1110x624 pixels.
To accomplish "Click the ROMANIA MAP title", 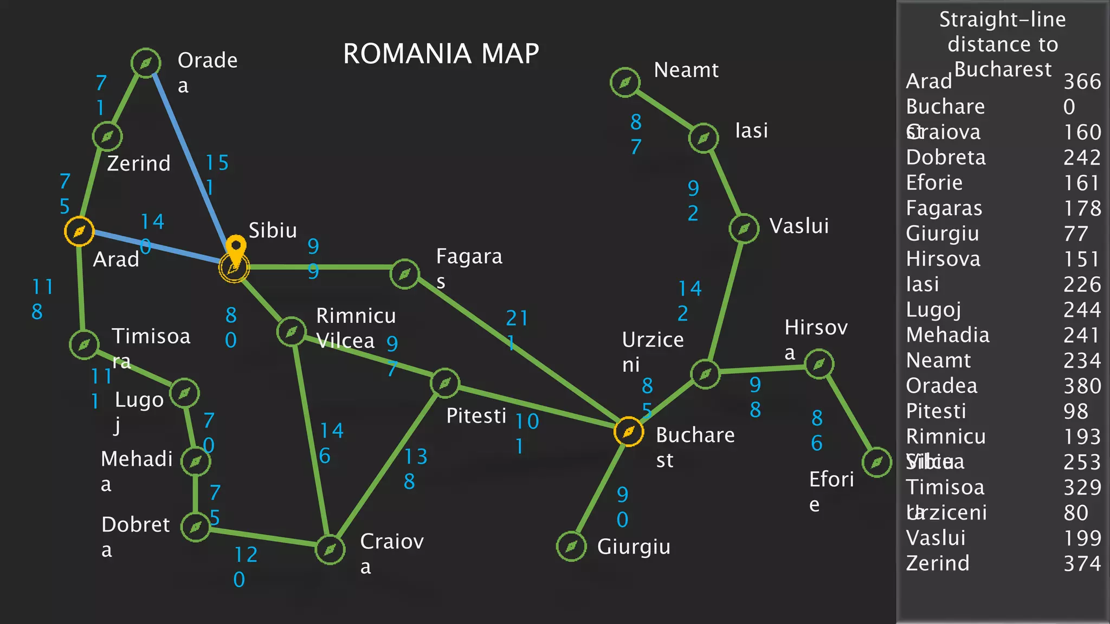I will [x=441, y=54].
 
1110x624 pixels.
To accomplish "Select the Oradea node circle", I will [x=146, y=63].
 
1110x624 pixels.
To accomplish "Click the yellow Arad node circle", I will [x=79, y=231].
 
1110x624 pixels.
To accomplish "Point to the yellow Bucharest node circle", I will [x=629, y=432].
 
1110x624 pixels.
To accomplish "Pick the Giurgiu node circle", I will [x=571, y=546].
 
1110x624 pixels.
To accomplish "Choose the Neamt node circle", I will [x=625, y=82].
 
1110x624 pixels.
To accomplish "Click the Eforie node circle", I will [x=876, y=462].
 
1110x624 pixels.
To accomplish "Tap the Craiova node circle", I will [x=330, y=550].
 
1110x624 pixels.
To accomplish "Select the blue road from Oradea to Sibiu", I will [x=190, y=162].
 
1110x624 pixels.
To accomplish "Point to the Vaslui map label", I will [x=799, y=226].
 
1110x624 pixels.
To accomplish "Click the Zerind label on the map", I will [x=139, y=163].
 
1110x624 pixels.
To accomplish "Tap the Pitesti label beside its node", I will [x=476, y=416].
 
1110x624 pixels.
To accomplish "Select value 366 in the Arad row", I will [x=1082, y=82].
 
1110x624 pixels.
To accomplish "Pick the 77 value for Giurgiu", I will [x=1075, y=234].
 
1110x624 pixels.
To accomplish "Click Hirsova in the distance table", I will [x=943, y=259].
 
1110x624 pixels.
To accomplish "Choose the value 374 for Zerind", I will [x=1082, y=564].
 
